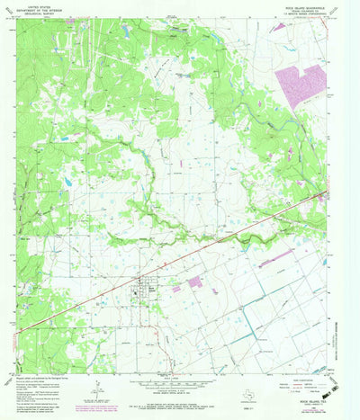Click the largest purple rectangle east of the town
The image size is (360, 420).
[194, 281]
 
